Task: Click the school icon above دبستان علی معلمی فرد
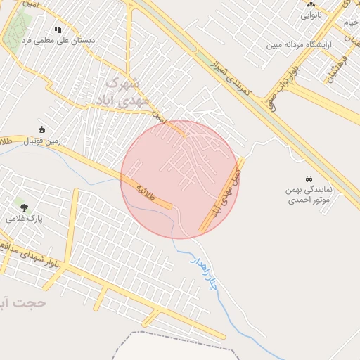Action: (x=58, y=30)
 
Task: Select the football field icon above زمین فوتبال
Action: (x=41, y=129)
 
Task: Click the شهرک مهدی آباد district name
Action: (x=117, y=92)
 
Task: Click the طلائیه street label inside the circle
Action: (x=145, y=189)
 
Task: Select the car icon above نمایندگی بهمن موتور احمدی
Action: (x=309, y=179)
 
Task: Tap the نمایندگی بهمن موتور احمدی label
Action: (x=309, y=194)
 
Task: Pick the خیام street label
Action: (x=349, y=24)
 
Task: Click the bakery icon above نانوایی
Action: (x=310, y=4)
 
